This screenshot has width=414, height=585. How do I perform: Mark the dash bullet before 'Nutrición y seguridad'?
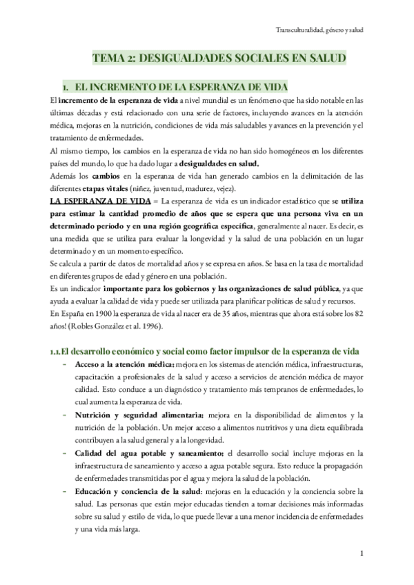(63, 414)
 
